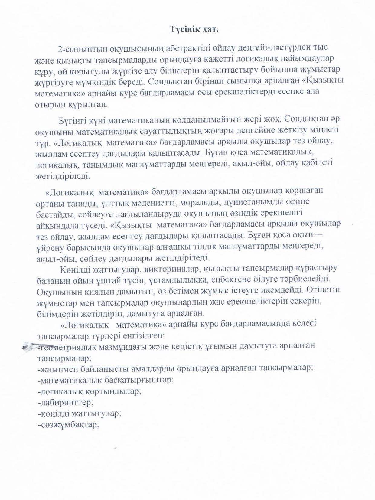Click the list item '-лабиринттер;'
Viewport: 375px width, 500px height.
pos(65,403)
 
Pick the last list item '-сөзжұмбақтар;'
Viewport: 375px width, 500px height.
pos(69,425)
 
